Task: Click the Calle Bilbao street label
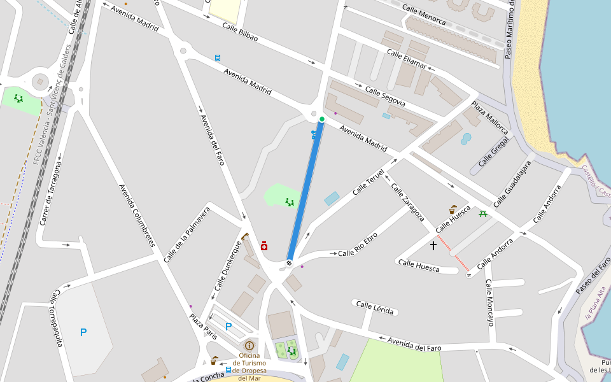[240, 32]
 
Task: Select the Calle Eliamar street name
[406, 59]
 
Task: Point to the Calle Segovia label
[385, 95]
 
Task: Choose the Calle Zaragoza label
[407, 202]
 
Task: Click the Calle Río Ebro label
[357, 244]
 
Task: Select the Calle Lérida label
[376, 308]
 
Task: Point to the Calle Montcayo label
[489, 302]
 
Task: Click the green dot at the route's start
[322, 119]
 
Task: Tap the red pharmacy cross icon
[264, 246]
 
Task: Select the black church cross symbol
[433, 245]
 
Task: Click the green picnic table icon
[483, 214]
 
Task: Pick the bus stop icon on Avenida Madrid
[218, 57]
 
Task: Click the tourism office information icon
[249, 345]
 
